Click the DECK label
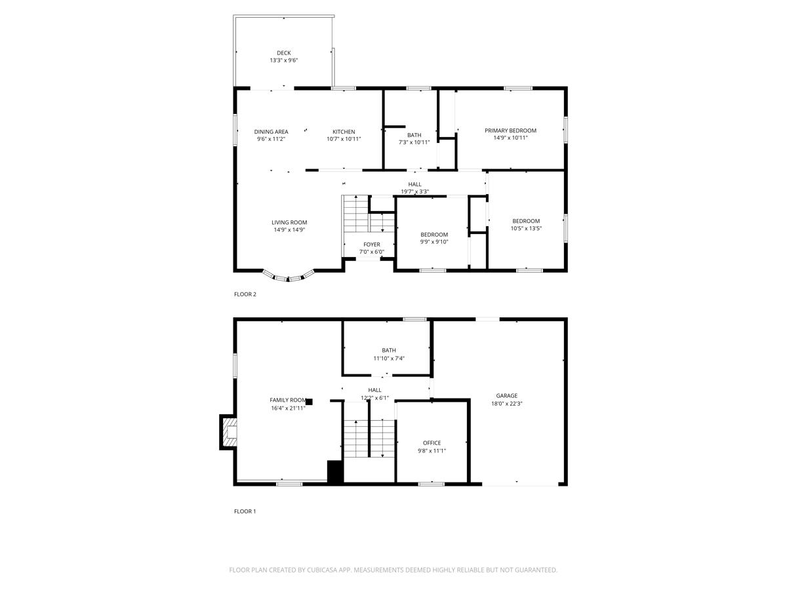(283, 53)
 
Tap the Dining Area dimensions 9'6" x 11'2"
(271, 139)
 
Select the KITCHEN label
(344, 132)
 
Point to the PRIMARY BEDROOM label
(510, 130)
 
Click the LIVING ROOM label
(289, 222)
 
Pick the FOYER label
(371, 245)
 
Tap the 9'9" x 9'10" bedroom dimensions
(434, 242)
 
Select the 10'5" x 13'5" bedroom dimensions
(526, 228)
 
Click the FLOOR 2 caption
(245, 294)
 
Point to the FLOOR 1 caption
(245, 511)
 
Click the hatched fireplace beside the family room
(228, 432)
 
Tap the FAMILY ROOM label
(288, 400)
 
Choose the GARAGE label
(506, 395)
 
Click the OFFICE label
(432, 442)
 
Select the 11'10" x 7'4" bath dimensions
(389, 358)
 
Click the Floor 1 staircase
(369, 438)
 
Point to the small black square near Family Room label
(309, 402)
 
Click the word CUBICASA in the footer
(321, 570)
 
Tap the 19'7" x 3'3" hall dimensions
(415, 191)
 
